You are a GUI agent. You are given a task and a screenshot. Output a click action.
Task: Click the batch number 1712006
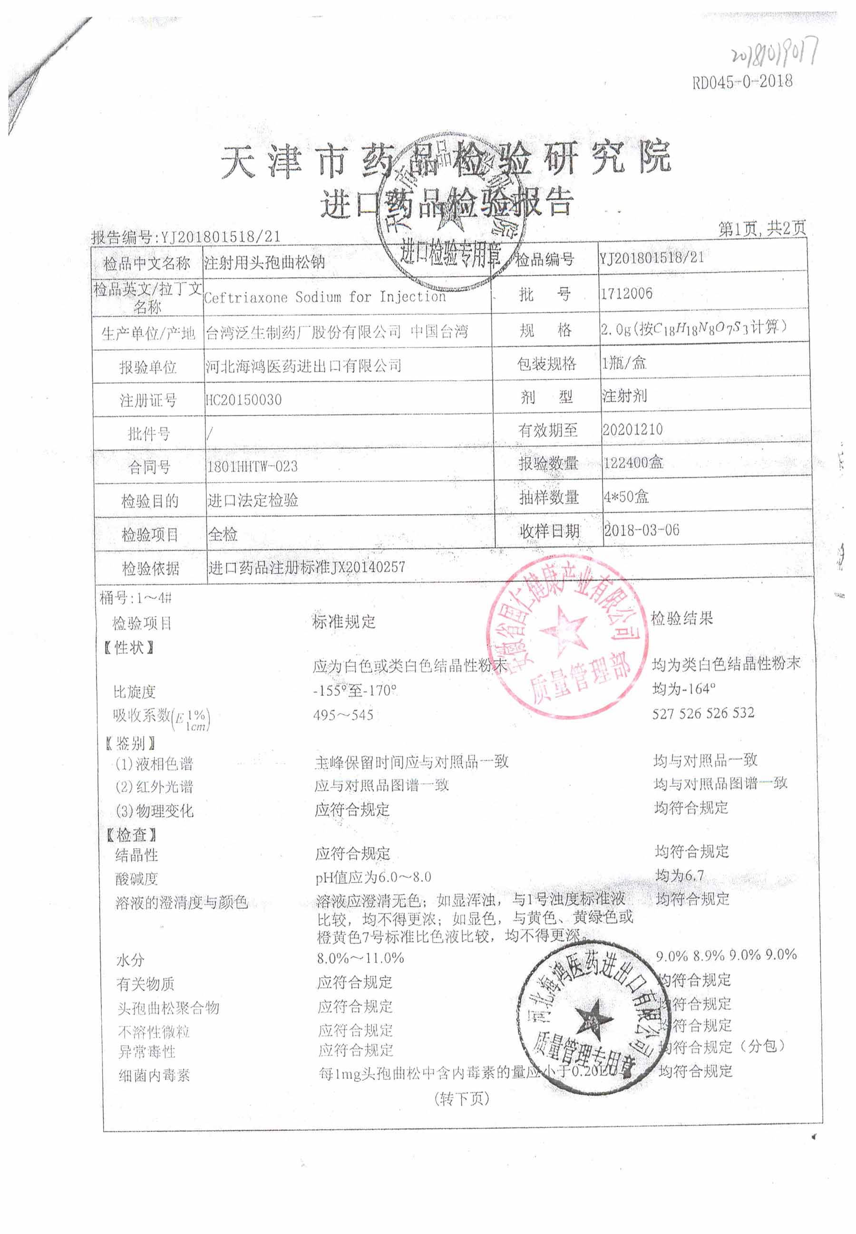[x=626, y=293]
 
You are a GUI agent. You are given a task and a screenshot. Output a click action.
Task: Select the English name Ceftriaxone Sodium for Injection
[x=324, y=297]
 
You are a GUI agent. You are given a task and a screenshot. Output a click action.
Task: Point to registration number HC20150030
[x=244, y=399]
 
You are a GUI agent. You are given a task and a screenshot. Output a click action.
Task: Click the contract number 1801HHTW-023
[x=253, y=466]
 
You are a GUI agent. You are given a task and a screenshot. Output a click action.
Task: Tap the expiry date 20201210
[x=632, y=429]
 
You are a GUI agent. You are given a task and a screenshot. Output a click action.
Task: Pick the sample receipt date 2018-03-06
[x=642, y=530]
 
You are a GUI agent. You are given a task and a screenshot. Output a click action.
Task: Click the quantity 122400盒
[x=633, y=463]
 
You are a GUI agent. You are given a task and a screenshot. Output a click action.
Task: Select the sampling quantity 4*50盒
[x=626, y=496]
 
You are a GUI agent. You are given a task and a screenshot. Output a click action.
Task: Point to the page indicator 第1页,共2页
[x=762, y=229]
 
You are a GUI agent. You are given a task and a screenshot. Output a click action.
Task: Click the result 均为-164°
[x=684, y=688]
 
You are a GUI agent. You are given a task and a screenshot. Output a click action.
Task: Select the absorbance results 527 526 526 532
[x=703, y=713]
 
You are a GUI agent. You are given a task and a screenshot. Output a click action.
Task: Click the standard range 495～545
[x=343, y=714]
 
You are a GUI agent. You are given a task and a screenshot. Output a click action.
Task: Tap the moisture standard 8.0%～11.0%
[x=360, y=958]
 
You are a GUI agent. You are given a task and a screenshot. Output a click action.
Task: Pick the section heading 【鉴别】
[x=131, y=743]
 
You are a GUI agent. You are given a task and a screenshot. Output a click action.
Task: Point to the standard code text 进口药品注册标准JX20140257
[x=307, y=567]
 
